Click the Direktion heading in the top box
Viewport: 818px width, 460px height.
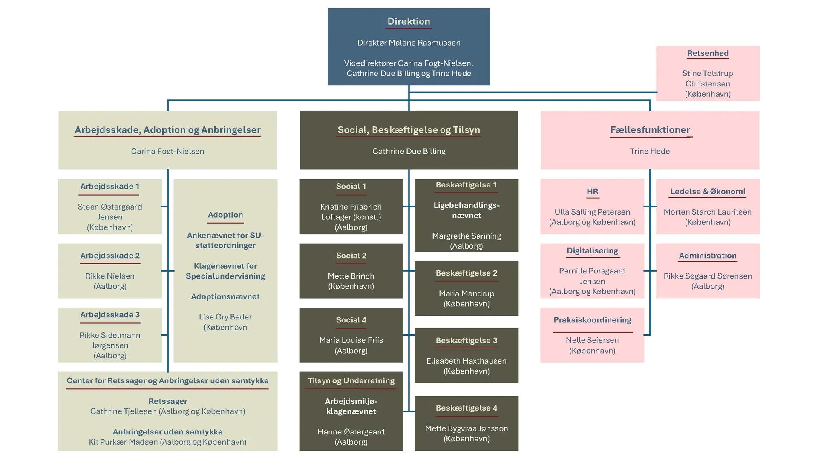coord(409,21)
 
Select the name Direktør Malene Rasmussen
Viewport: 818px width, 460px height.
coord(409,43)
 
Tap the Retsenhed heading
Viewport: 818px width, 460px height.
coord(707,53)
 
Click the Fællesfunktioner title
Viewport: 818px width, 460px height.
coord(650,130)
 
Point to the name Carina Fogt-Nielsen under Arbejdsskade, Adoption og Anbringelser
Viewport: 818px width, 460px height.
coord(167,151)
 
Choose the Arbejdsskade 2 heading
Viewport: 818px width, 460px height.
coord(110,256)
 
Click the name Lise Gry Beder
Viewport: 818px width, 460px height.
coord(225,317)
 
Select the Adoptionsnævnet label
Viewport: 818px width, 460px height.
coord(225,296)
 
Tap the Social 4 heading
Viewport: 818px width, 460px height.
coord(351,320)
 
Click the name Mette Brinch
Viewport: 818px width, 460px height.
coord(351,276)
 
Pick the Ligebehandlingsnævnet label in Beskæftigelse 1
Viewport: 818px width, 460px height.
coord(467,210)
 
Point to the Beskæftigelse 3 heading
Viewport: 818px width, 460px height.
coord(467,340)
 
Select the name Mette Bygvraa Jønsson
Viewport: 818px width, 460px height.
coord(467,428)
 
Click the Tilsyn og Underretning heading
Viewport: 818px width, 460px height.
coord(351,381)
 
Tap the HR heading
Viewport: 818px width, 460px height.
coord(592,191)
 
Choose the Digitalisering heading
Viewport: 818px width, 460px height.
coord(592,250)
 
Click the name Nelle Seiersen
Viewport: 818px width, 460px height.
coord(592,340)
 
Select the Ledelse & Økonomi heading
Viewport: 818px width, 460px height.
coord(707,191)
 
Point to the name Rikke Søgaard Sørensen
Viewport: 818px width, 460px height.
coord(707,276)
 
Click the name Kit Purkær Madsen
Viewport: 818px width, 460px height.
coord(124,442)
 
